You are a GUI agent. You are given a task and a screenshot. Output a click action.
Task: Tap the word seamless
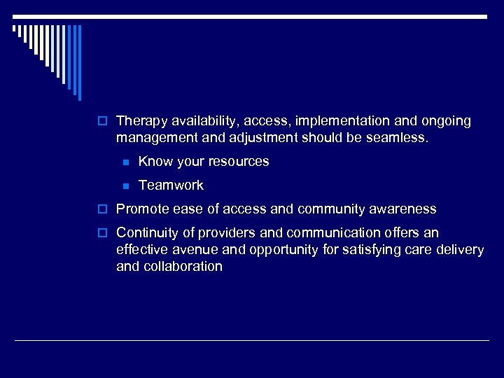(x=398, y=137)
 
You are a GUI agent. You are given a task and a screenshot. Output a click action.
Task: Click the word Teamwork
(x=171, y=185)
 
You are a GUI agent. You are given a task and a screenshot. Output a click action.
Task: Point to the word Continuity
(x=145, y=232)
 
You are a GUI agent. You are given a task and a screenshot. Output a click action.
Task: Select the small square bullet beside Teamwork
(x=125, y=186)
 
